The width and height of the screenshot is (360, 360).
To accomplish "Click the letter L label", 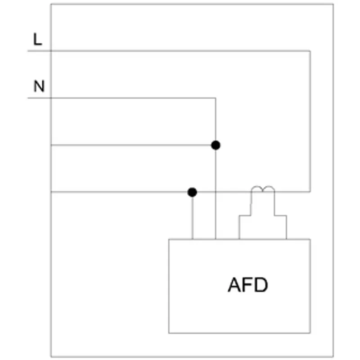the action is tap(38, 39).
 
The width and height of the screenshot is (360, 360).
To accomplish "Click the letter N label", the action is tap(39, 86).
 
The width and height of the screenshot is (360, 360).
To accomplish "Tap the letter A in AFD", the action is tap(234, 285).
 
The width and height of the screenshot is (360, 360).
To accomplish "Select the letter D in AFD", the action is tap(261, 285).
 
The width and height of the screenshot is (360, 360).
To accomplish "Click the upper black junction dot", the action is tap(216, 145).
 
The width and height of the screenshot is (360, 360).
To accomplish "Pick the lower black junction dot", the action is tap(192, 192).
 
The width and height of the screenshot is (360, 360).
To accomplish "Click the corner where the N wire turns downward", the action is tap(216, 98).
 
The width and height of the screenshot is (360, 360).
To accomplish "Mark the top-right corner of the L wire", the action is tap(310, 51).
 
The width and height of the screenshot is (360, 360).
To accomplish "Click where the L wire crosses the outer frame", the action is tap(51, 51).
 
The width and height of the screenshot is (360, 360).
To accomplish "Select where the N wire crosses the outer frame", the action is tap(51, 98).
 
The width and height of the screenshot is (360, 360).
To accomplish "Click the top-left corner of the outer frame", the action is tap(51, 4).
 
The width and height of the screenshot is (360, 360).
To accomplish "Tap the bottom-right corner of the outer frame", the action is tap(333, 357).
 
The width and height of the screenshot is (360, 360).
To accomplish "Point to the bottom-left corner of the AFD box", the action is tap(169, 333).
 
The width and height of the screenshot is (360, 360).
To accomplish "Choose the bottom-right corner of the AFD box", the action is tap(310, 333).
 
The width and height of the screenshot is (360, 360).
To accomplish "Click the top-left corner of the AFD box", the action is tap(169, 239).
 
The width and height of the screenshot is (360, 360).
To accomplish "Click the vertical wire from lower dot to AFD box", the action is tap(193, 218).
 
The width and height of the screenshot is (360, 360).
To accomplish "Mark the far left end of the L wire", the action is tap(28, 51).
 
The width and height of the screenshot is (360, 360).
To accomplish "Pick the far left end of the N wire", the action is tap(28, 98).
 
